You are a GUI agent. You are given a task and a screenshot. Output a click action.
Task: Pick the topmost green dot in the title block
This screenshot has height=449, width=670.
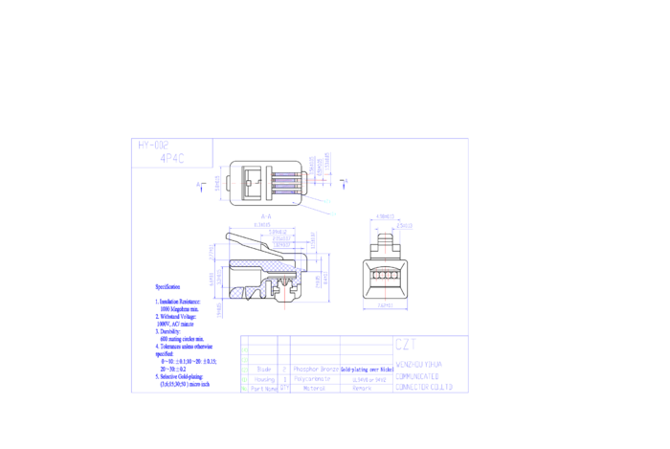pyautogui.click(x=245, y=350)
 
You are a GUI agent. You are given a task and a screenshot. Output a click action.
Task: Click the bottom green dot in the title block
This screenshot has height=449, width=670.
pyautogui.click(x=245, y=389)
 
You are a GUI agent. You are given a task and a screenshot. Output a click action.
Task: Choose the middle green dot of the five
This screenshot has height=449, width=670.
pyautogui.click(x=245, y=370)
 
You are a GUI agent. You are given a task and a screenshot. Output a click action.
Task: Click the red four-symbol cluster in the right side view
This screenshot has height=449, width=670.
pyautogui.click(x=385, y=277)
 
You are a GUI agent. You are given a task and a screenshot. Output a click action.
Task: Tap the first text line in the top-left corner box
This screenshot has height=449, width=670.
pyautogui.click(x=153, y=144)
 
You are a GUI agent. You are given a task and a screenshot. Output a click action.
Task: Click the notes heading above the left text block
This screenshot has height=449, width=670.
pyautogui.click(x=167, y=286)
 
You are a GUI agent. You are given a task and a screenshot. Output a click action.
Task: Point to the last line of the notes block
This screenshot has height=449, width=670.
pyautogui.click(x=185, y=384)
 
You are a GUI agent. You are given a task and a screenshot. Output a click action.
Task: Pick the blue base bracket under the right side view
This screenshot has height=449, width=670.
pyautogui.click(x=385, y=306)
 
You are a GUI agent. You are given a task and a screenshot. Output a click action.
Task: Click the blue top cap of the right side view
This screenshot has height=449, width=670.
pyautogui.click(x=386, y=217)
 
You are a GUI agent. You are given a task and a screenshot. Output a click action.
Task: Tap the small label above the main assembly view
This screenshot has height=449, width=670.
pyautogui.click(x=266, y=217)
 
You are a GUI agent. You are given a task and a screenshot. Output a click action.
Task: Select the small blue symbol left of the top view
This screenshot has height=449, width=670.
pyautogui.click(x=200, y=187)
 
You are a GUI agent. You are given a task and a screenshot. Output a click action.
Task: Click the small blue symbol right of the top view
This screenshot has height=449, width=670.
pyautogui.click(x=345, y=183)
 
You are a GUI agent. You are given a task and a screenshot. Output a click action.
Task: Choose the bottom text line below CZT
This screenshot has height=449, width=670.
pyautogui.click(x=423, y=387)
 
